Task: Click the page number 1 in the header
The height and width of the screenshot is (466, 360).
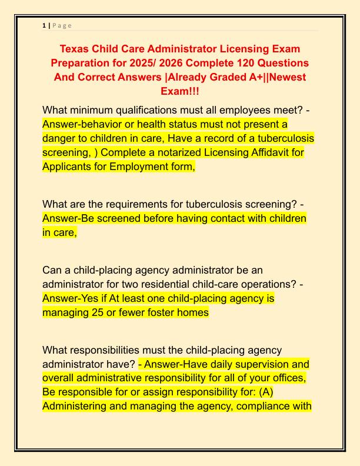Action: click(44, 25)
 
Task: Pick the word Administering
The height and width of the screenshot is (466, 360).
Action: click(76, 407)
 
